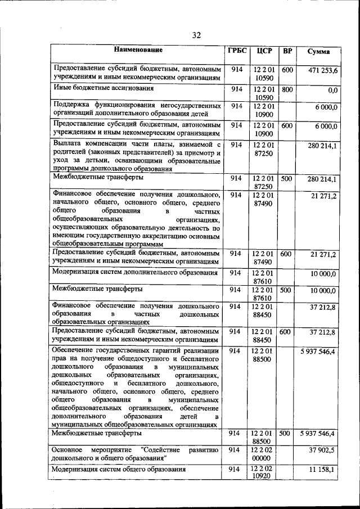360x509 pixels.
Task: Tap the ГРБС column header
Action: click(x=236, y=51)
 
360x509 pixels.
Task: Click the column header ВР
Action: click(x=287, y=51)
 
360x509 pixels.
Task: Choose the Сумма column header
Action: click(x=318, y=52)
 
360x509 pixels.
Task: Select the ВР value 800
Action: click(x=287, y=89)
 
